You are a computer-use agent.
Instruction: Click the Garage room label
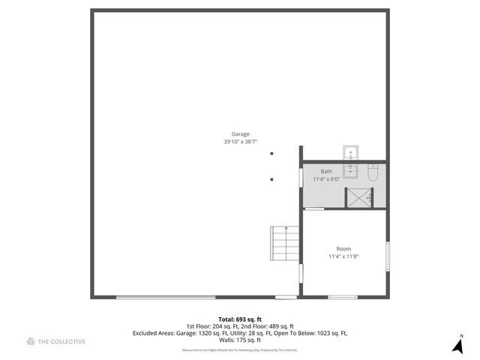pyautogui.click(x=240, y=134)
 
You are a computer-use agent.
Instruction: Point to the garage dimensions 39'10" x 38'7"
pyautogui.click(x=240, y=142)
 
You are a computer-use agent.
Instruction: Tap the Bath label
pyautogui.click(x=326, y=172)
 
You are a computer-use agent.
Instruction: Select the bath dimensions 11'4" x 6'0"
pyautogui.click(x=326, y=179)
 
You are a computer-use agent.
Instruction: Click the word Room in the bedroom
pyautogui.click(x=343, y=249)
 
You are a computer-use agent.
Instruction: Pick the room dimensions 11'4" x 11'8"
pyautogui.click(x=343, y=256)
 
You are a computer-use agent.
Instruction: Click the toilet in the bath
pyautogui.click(x=373, y=173)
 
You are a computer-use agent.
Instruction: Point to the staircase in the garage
pyautogui.click(x=285, y=242)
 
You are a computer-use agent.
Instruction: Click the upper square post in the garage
pyautogui.click(x=271, y=154)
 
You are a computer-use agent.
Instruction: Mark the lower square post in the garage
pyautogui.click(x=271, y=179)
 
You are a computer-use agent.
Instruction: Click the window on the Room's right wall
pyautogui.click(x=387, y=257)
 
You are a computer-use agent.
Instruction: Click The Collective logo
pyautogui.click(x=56, y=342)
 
